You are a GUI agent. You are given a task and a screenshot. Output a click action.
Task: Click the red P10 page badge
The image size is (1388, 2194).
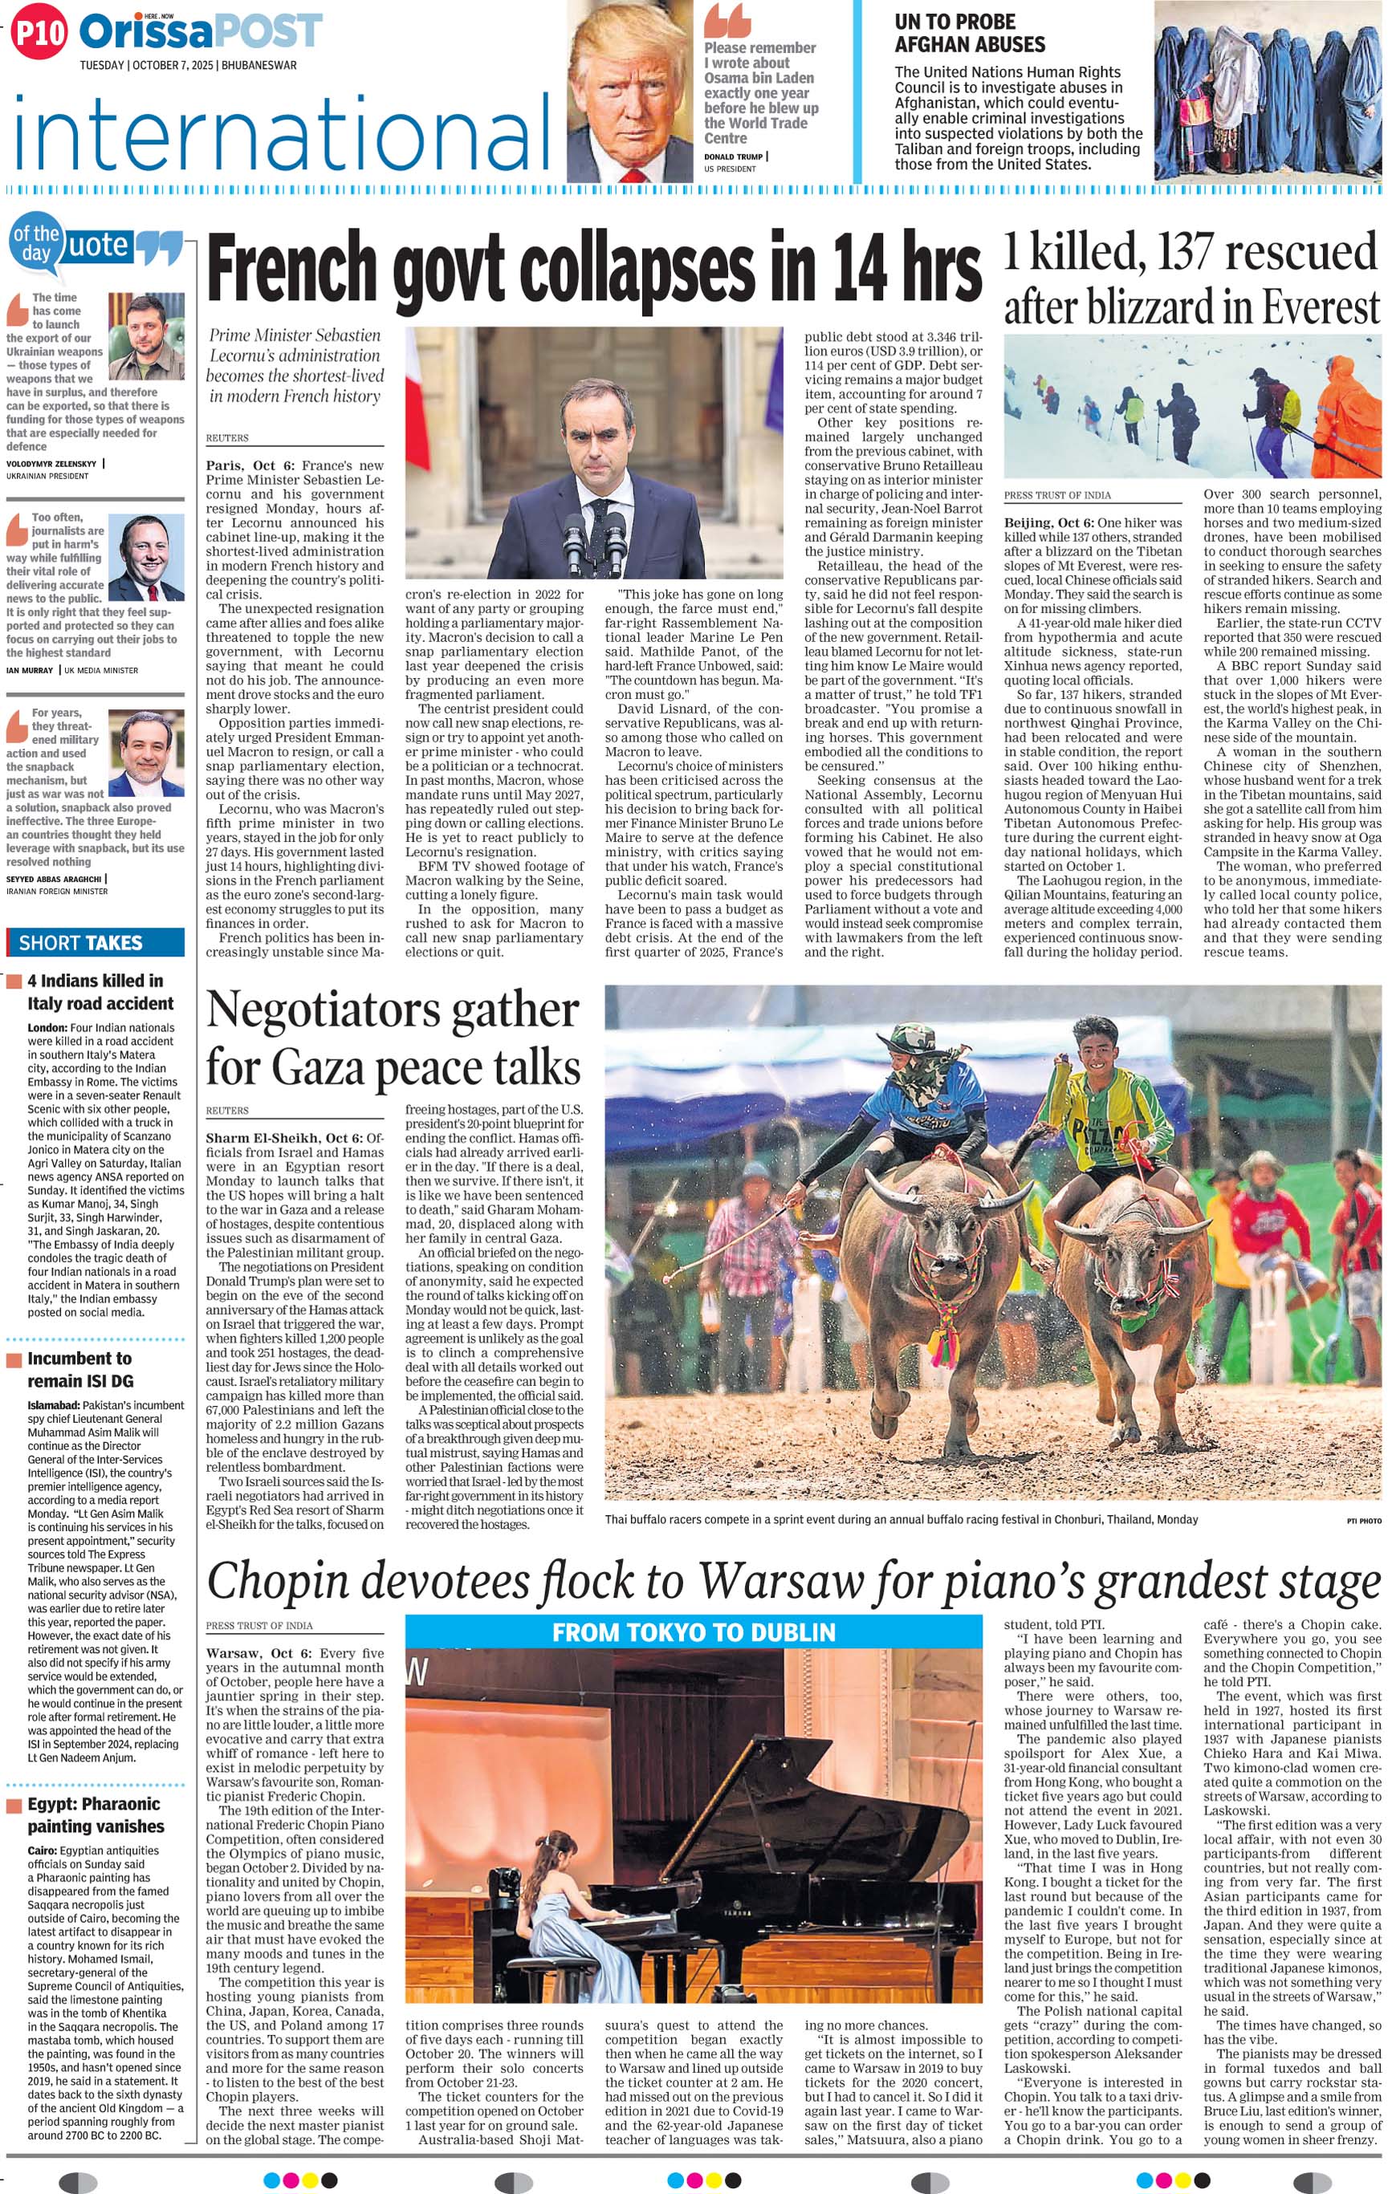point(39,34)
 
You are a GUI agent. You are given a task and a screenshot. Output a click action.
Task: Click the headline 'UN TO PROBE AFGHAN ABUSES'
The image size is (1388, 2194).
point(970,33)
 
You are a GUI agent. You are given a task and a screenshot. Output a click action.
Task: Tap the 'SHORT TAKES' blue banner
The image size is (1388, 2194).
point(95,942)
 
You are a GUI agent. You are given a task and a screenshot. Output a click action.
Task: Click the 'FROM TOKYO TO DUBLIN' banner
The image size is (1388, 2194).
point(694,1631)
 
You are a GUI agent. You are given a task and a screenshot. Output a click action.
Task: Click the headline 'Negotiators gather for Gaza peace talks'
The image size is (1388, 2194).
point(393,1038)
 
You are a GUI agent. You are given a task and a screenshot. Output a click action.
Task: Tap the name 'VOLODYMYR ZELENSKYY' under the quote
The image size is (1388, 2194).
point(52,463)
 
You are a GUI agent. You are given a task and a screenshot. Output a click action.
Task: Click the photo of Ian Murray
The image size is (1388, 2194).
point(146,557)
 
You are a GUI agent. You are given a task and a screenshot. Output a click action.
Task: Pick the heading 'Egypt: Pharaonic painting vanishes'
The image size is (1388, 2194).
point(95,1815)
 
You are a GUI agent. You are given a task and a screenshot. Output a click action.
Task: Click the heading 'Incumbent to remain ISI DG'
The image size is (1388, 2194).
point(80,1369)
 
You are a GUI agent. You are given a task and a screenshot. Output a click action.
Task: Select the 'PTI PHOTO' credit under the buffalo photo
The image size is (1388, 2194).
point(1363,1520)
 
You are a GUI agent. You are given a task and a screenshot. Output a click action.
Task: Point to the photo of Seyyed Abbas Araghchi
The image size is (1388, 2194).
point(146,754)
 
